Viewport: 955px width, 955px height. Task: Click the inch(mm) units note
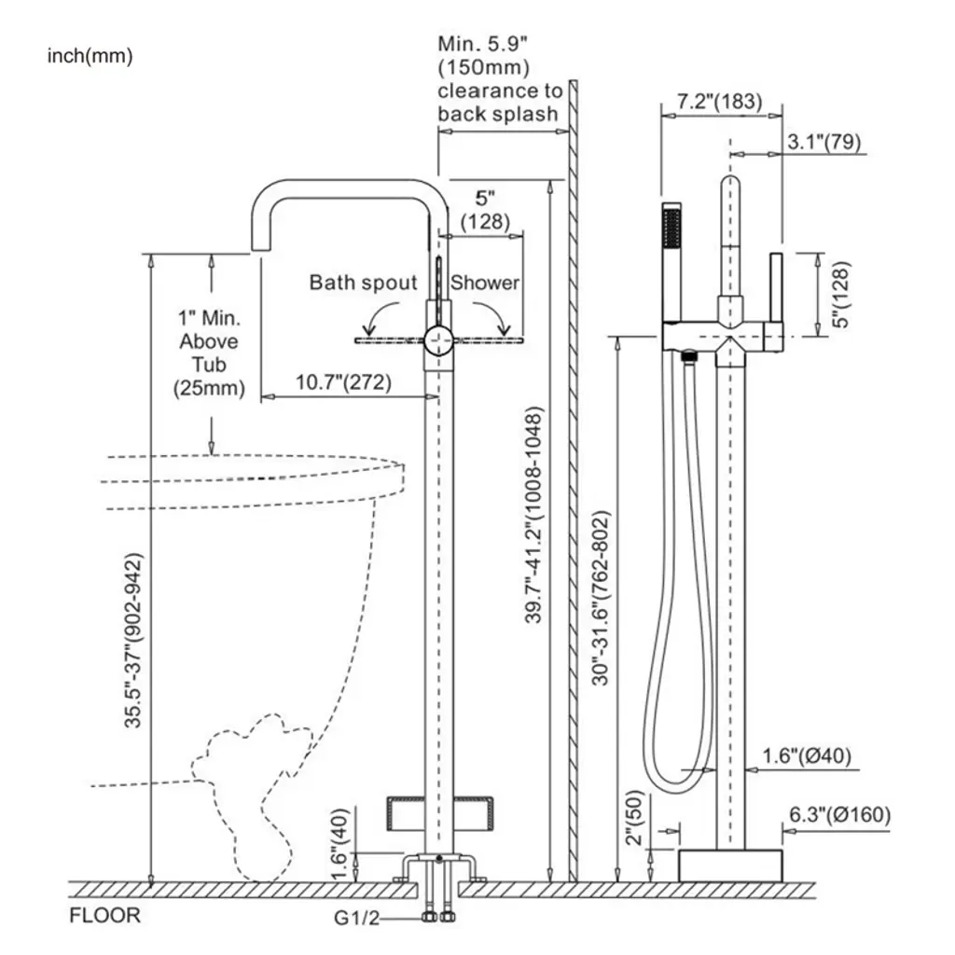pos(90,56)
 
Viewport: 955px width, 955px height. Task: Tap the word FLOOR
pos(105,915)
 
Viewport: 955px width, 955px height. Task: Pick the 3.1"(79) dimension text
pos(824,142)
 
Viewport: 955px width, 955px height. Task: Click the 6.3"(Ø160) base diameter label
pos(839,815)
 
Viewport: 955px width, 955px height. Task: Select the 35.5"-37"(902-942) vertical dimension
pos(136,641)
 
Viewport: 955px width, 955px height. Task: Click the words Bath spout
pos(364,283)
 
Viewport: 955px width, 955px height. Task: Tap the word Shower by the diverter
pos(485,283)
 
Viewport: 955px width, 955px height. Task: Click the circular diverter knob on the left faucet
pos(436,341)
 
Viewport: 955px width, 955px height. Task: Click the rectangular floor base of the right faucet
pos(730,865)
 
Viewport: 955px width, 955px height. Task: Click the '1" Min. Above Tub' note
pos(210,353)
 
